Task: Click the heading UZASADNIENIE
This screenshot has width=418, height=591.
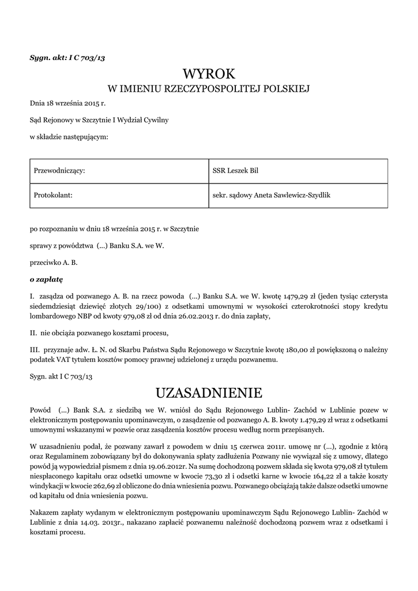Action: pos(209,393)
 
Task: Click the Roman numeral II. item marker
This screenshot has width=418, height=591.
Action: pos(33,332)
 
